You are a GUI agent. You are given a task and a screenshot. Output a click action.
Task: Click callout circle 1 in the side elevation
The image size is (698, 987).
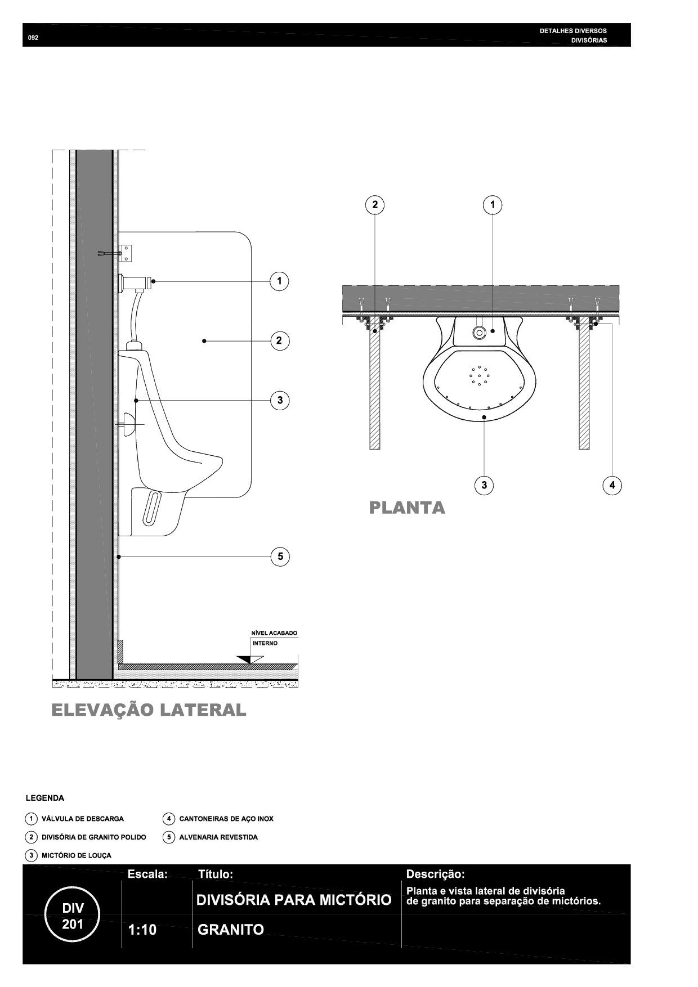279,281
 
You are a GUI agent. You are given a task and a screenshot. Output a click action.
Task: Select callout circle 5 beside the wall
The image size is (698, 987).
280,557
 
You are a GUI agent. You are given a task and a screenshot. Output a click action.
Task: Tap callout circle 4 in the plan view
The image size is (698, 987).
612,485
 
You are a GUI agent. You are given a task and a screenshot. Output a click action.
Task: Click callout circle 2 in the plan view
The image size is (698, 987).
375,205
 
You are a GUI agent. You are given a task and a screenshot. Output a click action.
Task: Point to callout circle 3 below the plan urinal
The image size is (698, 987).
484,485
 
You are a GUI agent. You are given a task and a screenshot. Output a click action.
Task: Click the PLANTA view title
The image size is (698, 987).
407,508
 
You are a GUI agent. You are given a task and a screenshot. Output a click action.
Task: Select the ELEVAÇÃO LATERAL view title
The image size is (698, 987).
149,710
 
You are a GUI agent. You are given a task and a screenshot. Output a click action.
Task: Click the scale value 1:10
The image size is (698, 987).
142,930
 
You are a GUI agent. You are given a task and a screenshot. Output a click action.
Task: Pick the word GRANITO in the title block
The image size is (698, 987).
231,930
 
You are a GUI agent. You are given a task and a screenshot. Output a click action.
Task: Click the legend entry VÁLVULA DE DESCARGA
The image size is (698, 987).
83,819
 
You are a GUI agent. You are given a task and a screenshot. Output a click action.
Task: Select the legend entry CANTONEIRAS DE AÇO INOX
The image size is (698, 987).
226,819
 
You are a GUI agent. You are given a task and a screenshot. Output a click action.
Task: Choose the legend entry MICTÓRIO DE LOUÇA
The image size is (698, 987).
77,855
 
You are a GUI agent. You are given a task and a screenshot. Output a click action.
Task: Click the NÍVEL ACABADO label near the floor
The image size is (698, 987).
274,633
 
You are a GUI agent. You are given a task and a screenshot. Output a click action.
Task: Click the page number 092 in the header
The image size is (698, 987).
33,38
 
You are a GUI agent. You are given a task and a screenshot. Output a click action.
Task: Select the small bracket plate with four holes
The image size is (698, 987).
128,253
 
